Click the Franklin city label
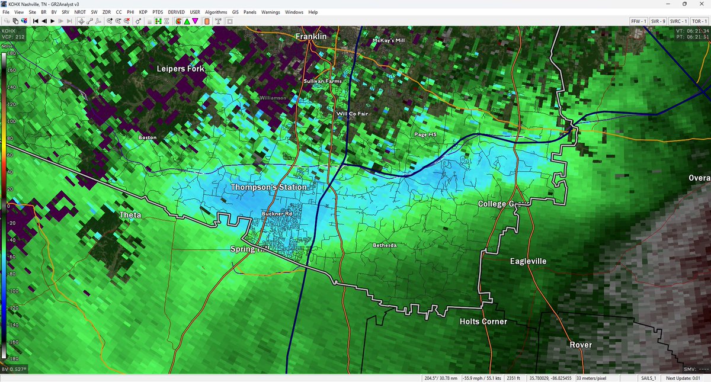pos(311,37)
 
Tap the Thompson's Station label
pos(269,187)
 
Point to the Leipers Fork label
pos(180,69)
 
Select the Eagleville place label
pos(528,261)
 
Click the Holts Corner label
pos(483,322)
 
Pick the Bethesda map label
pos(385,245)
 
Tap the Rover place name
pos(581,345)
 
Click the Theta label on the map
pos(130,215)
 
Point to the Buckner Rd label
pos(277,214)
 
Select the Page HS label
pos(425,134)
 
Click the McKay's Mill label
pos(388,40)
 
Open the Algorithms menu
pos(216,12)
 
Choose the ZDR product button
pos(107,12)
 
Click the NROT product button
pos(79,12)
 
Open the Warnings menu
pos(271,12)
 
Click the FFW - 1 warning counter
pos(638,21)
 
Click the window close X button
pos(701,4)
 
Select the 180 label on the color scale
pos(9,53)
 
